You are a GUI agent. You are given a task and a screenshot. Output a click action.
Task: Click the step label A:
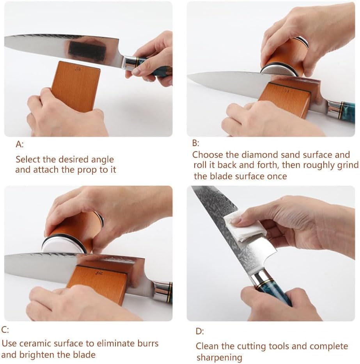coord(20,145)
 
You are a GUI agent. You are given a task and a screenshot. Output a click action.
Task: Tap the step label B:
coord(196,143)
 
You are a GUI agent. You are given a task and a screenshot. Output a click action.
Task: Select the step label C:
coord(5,330)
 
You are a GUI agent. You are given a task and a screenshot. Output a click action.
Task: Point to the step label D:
coord(200,332)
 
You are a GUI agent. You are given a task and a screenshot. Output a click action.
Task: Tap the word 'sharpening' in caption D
coord(219,357)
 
